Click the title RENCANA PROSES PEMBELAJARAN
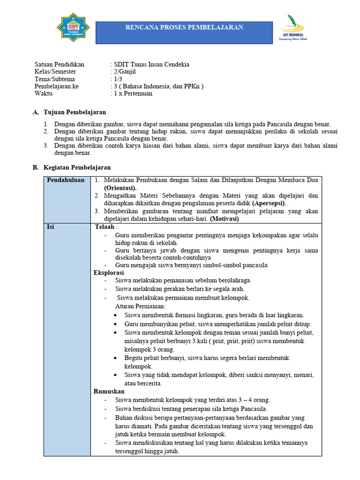click(x=184, y=27)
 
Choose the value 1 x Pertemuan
click(x=133, y=93)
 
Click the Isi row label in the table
click(x=50, y=227)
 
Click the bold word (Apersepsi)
click(x=269, y=203)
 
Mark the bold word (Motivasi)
click(x=224, y=219)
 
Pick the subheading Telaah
click(x=105, y=227)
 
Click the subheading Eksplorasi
click(x=109, y=272)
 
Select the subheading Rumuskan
click(x=109, y=391)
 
